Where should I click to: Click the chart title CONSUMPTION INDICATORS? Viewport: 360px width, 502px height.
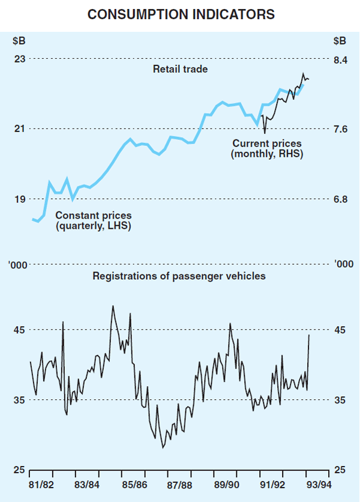click(x=180, y=14)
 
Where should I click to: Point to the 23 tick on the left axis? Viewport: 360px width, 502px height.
click(x=20, y=59)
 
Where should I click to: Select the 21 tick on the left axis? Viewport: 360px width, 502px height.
click(x=20, y=129)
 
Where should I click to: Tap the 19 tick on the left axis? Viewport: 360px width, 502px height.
click(x=20, y=199)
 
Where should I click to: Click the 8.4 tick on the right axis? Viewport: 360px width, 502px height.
click(x=340, y=59)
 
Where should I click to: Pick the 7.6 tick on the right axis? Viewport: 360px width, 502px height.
click(x=340, y=129)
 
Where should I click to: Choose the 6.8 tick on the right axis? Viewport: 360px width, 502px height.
click(x=340, y=199)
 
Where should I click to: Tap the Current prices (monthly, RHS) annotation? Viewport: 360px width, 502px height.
click(x=267, y=149)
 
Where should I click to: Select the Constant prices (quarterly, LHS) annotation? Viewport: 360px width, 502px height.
click(x=93, y=220)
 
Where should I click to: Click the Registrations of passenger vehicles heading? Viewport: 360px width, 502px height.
click(x=179, y=277)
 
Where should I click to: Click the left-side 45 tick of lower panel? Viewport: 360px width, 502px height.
click(x=20, y=330)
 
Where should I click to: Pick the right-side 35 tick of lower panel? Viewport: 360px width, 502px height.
click(x=340, y=400)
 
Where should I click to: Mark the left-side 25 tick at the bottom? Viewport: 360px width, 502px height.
click(x=20, y=470)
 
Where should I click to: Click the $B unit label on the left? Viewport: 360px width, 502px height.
click(x=20, y=41)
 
